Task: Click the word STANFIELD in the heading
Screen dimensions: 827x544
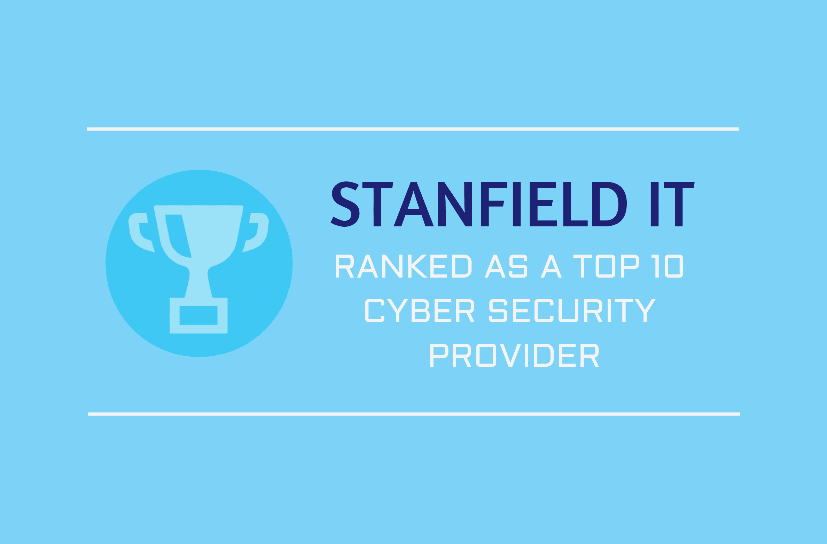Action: [479, 204]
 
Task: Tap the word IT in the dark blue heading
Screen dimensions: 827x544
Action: [672, 204]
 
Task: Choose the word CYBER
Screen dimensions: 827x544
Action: [420, 311]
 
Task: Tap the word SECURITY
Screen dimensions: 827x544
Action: [572, 311]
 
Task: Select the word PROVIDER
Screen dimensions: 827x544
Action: [514, 355]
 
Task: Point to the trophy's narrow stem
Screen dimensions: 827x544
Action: [198, 282]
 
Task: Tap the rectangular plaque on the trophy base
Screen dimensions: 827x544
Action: [198, 316]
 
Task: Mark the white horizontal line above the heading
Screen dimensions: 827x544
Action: [413, 129]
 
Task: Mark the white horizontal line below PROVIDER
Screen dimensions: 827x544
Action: [414, 414]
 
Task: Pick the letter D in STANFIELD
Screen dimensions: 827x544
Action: [609, 204]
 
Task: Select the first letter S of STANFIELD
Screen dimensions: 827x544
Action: [345, 204]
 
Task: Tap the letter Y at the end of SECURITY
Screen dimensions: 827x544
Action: [645, 311]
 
